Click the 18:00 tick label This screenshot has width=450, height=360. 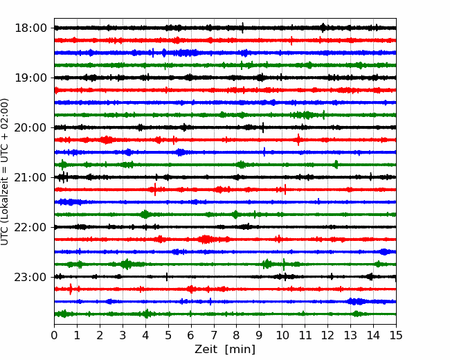(30, 28)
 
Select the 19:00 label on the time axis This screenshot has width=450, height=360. (30, 78)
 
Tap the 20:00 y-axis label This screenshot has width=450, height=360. (30, 127)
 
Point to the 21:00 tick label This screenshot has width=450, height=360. (30, 177)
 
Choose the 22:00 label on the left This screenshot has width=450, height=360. (30, 227)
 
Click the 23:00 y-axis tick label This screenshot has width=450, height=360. (30, 277)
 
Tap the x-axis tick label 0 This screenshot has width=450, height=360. (55, 336)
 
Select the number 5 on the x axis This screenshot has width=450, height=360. (168, 336)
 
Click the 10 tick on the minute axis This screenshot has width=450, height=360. (282, 336)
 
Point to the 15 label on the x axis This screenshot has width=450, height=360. (395, 336)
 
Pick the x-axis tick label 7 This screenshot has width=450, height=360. (214, 336)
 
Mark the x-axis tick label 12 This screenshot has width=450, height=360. (327, 336)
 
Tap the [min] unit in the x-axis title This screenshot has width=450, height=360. (239, 350)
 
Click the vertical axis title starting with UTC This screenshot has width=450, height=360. (6, 172)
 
